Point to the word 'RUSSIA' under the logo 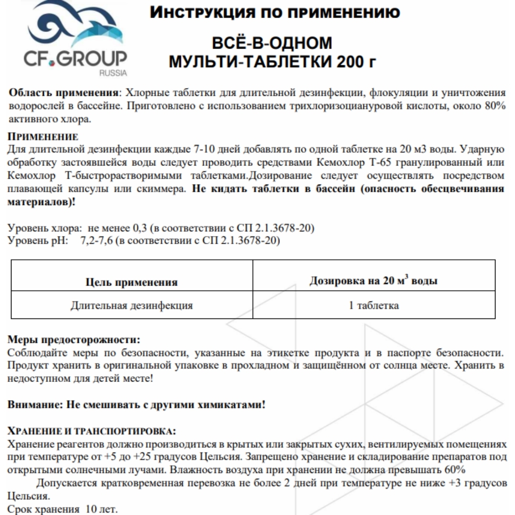(x=113, y=73)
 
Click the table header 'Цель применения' (x=131, y=282)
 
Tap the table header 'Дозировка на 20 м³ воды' (x=374, y=280)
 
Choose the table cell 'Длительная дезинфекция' (x=132, y=305)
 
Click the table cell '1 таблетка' (x=374, y=305)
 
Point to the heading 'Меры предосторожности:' (x=74, y=340)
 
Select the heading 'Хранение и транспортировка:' (x=93, y=432)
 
